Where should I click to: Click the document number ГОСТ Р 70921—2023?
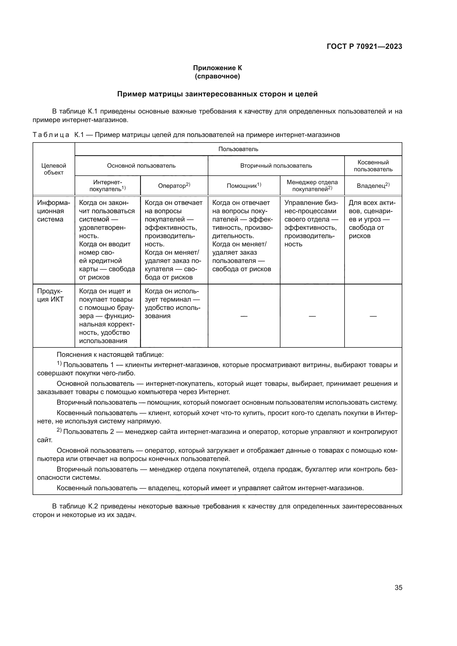[364, 46]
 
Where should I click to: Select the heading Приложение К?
[217, 68]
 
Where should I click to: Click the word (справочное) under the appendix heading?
[217, 76]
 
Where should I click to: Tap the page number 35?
[398, 587]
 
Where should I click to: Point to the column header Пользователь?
[238, 149]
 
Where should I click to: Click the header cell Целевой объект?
[54, 169]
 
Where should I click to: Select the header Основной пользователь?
[141, 166]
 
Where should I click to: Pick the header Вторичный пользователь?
[276, 166]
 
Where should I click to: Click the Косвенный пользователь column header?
[373, 166]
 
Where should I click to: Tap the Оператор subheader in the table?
[174, 185]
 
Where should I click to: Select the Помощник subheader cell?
[244, 185]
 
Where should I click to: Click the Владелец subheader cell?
[373, 185]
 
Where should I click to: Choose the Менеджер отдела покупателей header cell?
[312, 185]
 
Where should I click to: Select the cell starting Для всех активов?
[372, 219]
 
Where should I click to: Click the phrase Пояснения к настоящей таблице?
[110, 355]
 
